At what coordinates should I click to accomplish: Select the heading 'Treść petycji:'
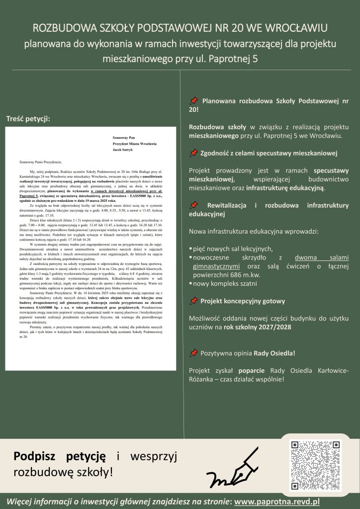pyautogui.click(x=28, y=119)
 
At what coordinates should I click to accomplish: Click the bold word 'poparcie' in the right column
pyautogui.click(x=252, y=370)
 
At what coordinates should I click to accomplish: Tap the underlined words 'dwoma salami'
pyautogui.click(x=321, y=257)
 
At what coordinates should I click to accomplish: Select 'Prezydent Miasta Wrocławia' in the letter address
pyautogui.click(x=135, y=143)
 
